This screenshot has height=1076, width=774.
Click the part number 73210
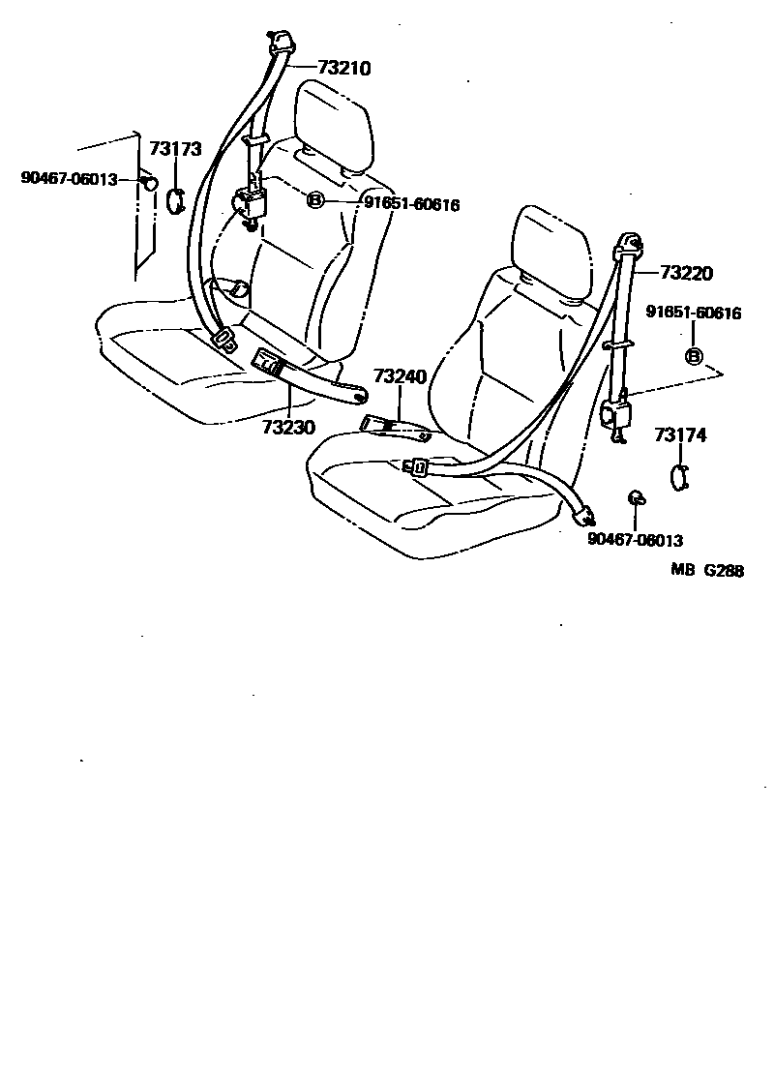(x=343, y=68)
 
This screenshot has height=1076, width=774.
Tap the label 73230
(x=288, y=427)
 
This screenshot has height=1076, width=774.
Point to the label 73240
(x=400, y=375)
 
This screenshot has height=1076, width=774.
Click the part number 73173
(x=175, y=149)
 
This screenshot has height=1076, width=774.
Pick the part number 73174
(x=680, y=435)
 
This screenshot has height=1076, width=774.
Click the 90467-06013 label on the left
(x=69, y=178)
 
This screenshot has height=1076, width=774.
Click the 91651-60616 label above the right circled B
(x=694, y=313)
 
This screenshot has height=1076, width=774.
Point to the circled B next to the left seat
(x=315, y=201)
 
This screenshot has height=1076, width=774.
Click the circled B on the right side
(x=694, y=357)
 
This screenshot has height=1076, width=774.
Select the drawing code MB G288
(x=708, y=571)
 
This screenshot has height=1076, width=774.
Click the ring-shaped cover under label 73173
(x=175, y=199)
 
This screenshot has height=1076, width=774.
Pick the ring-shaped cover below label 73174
(x=680, y=476)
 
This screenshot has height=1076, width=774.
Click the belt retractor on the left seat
(x=252, y=204)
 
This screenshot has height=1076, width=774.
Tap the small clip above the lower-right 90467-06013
(x=637, y=498)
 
